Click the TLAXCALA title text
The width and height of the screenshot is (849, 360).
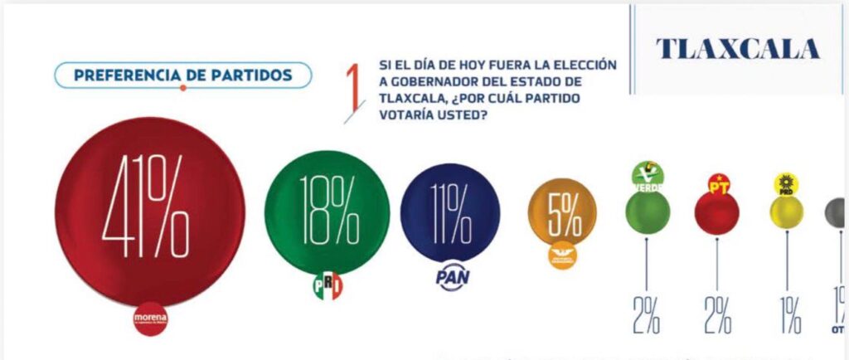[x=738, y=49]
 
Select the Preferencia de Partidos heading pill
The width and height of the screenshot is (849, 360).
[x=182, y=75]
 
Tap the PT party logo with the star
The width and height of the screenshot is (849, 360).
[x=717, y=183]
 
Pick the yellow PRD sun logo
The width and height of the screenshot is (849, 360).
[x=785, y=183]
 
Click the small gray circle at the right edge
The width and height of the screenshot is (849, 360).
[x=836, y=212]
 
